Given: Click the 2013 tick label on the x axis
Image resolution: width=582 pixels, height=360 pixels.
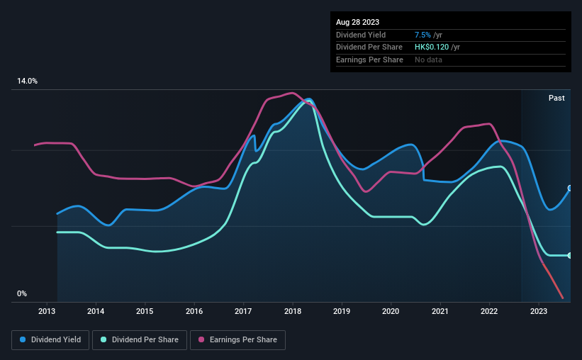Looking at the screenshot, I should [47, 311].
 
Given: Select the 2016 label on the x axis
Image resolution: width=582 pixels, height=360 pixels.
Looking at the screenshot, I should [194, 311].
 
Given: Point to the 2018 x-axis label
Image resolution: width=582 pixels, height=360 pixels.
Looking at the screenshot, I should [293, 311].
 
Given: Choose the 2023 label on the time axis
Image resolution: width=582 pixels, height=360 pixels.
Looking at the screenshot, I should [539, 311].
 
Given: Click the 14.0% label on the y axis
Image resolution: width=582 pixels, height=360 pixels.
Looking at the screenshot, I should [27, 81].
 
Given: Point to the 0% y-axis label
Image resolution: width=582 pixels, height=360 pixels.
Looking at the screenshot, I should [21, 294].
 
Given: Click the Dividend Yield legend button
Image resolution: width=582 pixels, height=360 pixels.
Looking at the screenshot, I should [50, 340].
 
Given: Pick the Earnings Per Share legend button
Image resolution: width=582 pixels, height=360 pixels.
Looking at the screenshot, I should [237, 340].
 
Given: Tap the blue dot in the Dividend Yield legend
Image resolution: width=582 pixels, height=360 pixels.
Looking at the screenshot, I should [23, 340].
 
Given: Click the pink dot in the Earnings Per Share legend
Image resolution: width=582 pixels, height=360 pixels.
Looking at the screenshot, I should [202, 340].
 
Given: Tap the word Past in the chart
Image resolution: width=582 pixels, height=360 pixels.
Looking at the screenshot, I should [556, 98].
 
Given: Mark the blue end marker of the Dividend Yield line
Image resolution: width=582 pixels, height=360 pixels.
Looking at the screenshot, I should [569, 189].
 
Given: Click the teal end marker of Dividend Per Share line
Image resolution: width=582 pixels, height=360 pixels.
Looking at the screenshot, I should [569, 255].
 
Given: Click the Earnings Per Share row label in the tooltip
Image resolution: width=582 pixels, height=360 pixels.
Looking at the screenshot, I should [369, 60].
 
